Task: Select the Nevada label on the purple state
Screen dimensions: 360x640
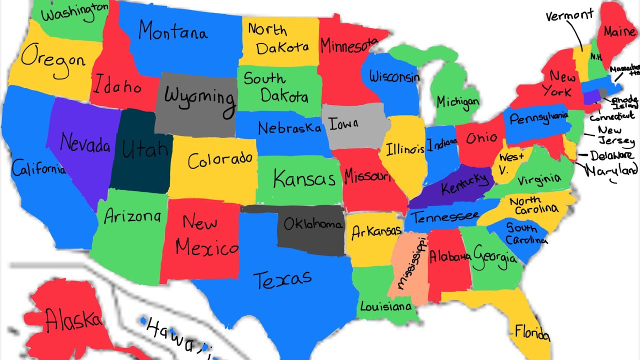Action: (85, 143)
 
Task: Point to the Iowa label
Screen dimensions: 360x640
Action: (343, 123)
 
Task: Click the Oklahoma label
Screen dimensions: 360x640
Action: (313, 224)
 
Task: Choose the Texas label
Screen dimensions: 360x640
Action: (282, 278)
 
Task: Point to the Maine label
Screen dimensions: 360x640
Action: (619, 32)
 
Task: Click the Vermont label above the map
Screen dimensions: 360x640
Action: (569, 15)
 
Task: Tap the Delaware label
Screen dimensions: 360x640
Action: (611, 156)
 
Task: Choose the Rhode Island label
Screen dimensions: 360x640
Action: (625, 101)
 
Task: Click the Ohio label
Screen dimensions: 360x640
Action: (481, 138)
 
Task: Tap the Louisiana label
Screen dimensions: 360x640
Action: (385, 306)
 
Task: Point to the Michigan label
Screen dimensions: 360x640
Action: (457, 102)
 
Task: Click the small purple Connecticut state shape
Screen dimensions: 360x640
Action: (591, 96)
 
